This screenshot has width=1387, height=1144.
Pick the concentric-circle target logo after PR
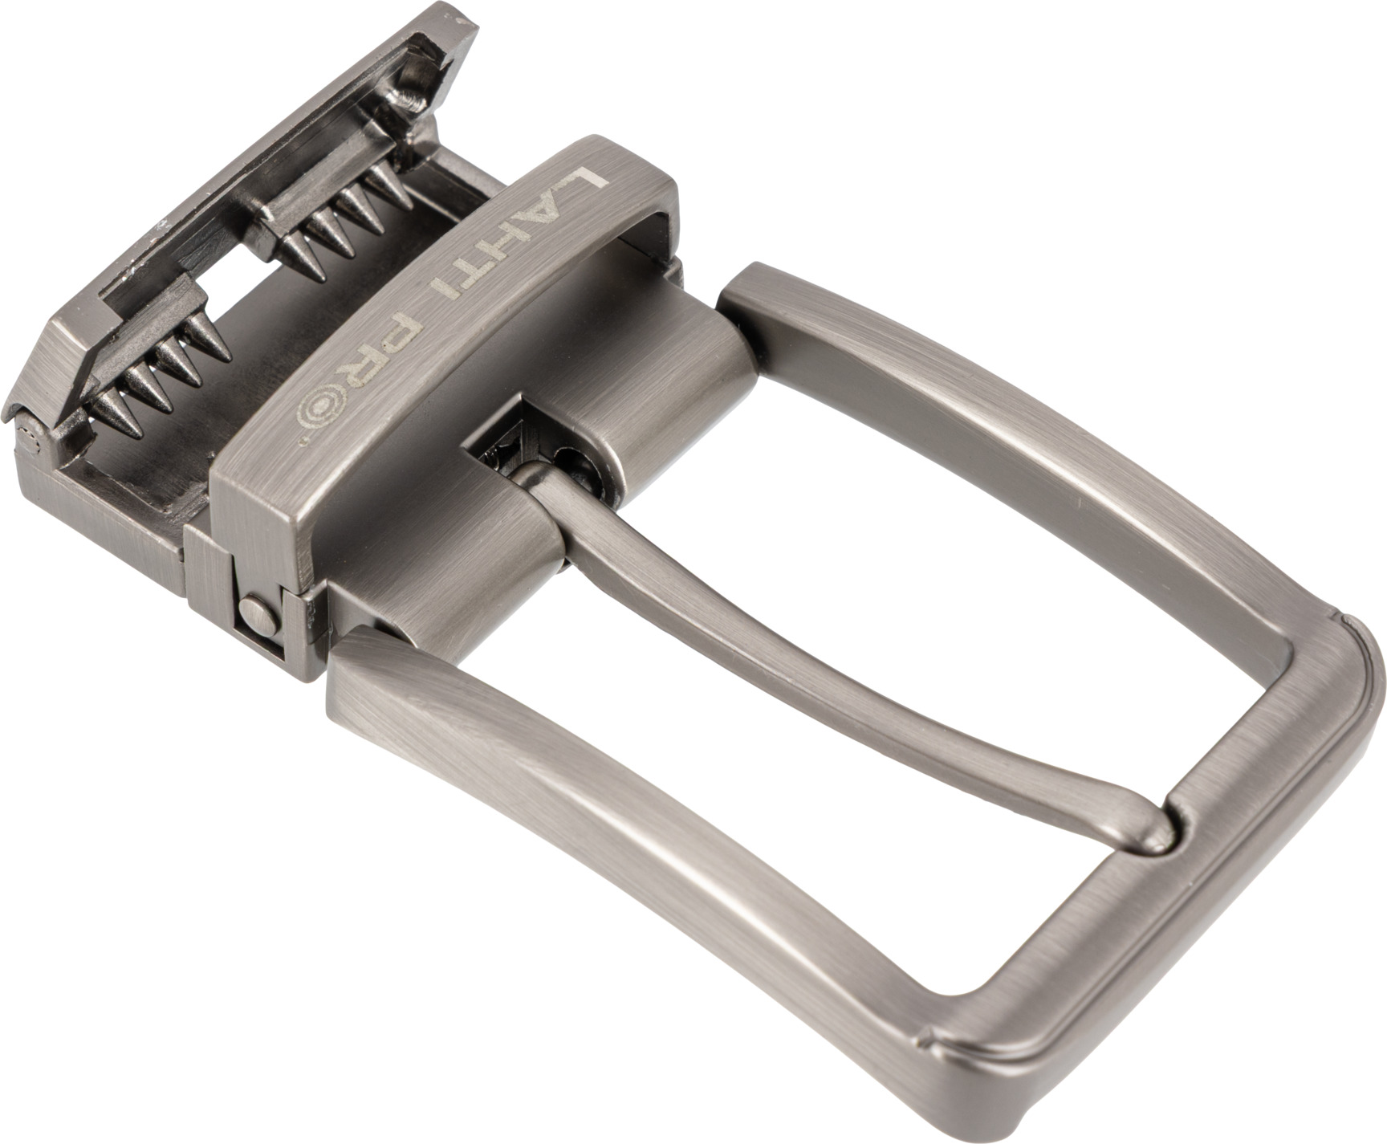pyautogui.click(x=315, y=413)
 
